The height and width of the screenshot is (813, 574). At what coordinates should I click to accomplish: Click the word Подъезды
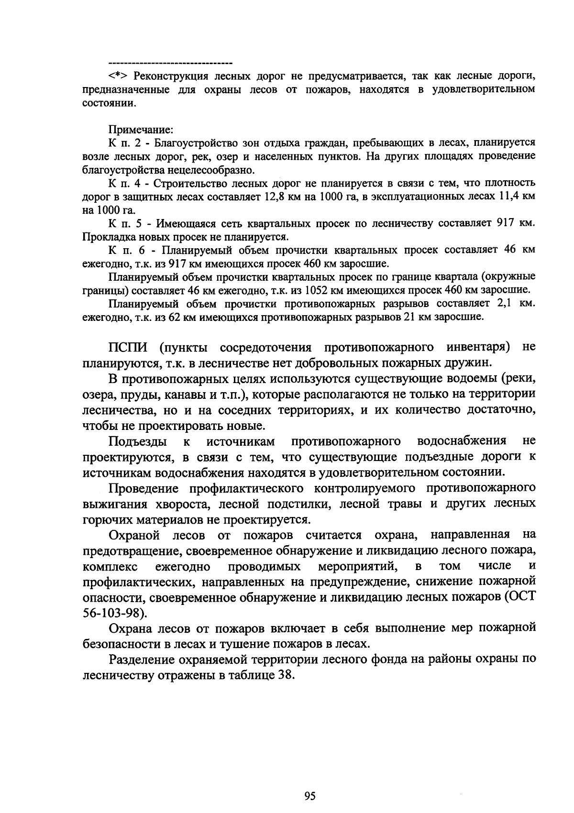click(x=138, y=440)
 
